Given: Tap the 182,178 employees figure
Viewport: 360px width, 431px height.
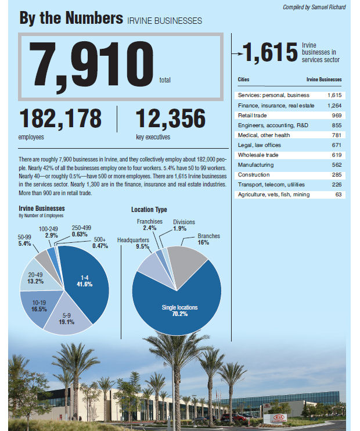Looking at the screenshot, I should click(x=60, y=119).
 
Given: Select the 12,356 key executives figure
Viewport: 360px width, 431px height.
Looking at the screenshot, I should click(x=170, y=119).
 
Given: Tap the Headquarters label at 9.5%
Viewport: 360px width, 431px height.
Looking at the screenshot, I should click(x=133, y=243).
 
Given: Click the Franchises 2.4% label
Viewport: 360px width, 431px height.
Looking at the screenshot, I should click(x=149, y=225).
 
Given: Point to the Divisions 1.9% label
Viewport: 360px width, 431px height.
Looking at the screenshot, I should click(x=184, y=225).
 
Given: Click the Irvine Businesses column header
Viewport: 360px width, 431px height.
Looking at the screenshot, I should click(x=323, y=80).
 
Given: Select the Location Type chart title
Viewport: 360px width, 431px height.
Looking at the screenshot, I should click(x=149, y=209).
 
